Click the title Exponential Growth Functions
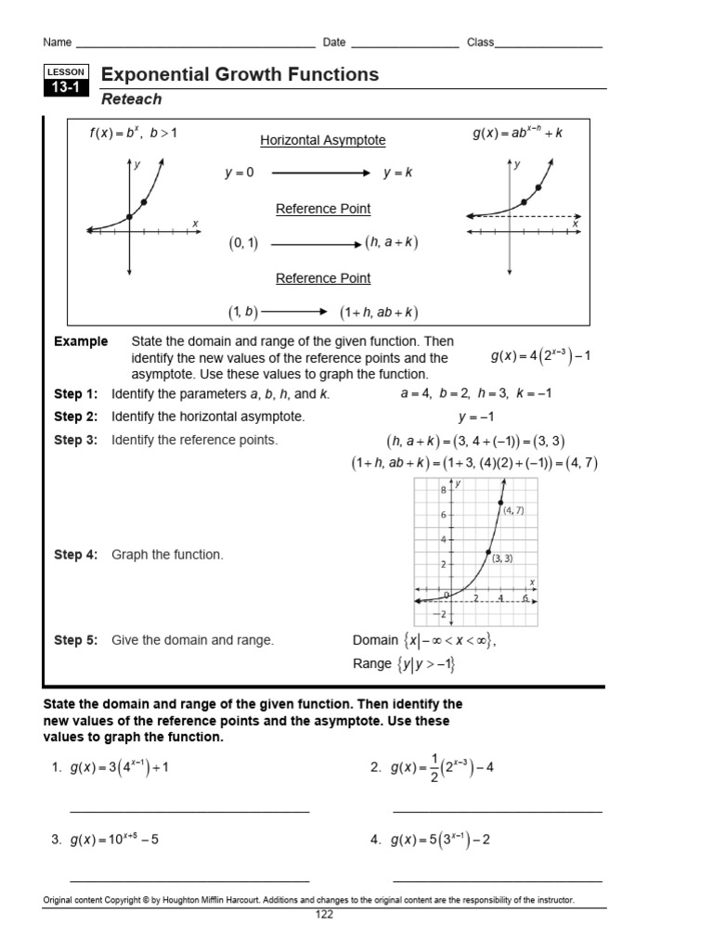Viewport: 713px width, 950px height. pos(240,74)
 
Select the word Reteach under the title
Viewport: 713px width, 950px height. pos(131,99)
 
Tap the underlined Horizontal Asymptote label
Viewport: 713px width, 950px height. pos(322,140)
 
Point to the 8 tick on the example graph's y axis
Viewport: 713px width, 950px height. pos(444,489)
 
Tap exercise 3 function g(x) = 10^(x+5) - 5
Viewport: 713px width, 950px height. pos(114,840)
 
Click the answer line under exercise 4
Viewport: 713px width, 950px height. pos(497,881)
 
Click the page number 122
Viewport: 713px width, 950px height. pos(323,914)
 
